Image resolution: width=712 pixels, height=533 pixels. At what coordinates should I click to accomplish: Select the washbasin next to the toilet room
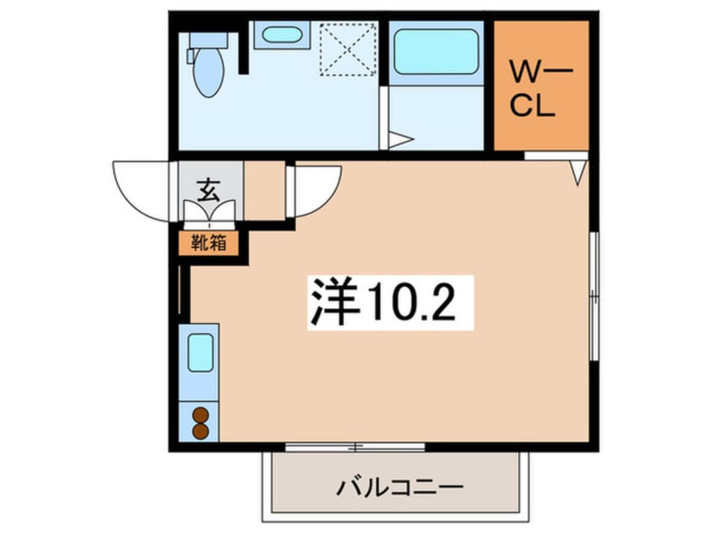[x=278, y=36]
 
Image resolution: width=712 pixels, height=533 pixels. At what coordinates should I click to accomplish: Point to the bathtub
[x=436, y=52]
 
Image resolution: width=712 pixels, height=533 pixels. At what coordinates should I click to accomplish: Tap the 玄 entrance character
[x=209, y=189]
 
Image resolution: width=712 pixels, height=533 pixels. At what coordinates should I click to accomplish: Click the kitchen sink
[x=199, y=352]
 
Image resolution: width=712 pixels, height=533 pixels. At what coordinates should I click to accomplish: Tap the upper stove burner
[x=200, y=414]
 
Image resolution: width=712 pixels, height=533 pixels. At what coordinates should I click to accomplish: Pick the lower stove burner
[x=200, y=430]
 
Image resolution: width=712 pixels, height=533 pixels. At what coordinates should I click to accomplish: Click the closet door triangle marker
[x=577, y=172]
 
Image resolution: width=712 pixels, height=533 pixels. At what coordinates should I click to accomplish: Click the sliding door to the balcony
[x=354, y=446]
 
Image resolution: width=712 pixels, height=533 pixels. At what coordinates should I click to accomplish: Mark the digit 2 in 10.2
[x=442, y=302]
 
